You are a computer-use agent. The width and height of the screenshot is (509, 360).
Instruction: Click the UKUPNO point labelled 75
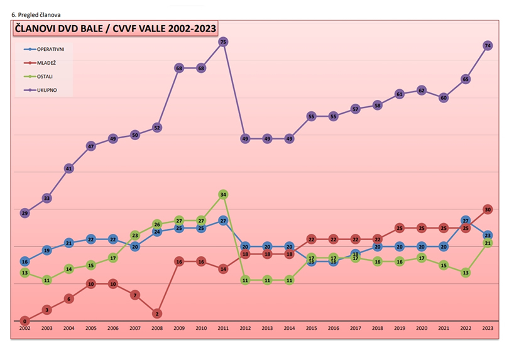pos(223,41)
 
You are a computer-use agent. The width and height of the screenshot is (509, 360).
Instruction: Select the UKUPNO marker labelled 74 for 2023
pos(488,45)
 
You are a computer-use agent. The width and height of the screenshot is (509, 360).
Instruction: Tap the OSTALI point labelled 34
pos(223,194)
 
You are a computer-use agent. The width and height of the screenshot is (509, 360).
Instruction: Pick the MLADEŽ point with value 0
pos(25,321)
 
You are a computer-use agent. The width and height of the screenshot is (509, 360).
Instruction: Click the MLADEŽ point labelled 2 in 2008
pos(157,314)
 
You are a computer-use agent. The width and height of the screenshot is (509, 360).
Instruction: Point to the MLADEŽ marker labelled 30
pos(488,209)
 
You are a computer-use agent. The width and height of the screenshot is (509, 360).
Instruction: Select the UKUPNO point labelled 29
pos(25,213)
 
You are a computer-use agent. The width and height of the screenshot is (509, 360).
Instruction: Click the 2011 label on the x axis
pos(223,329)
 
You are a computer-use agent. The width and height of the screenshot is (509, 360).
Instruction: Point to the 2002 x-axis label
pos(25,329)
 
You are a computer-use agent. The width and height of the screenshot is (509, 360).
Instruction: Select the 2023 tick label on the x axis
pos(488,329)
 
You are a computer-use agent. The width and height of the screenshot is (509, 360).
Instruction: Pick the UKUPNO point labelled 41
pos(69,168)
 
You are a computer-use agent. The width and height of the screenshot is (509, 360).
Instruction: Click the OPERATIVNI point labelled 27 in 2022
pos(466,221)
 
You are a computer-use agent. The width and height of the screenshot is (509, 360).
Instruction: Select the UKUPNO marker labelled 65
pos(466,79)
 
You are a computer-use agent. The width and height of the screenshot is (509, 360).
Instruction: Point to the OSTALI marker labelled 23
pos(135,235)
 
